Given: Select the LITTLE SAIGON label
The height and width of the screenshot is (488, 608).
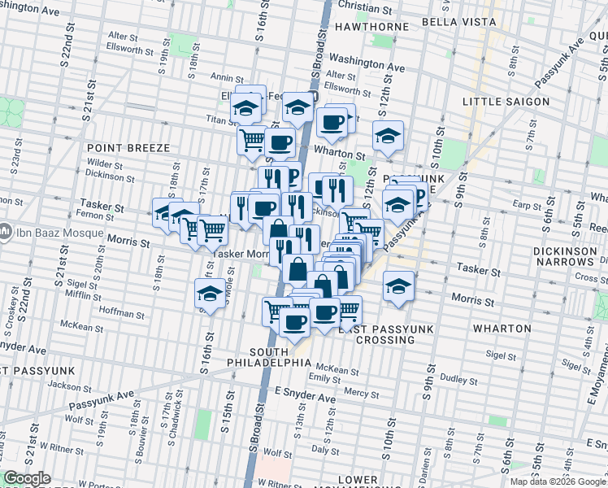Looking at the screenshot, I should pos(502,101).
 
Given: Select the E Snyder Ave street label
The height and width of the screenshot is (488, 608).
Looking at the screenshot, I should pos(305,398).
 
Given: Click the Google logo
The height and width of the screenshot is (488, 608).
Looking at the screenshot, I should pos(27,479).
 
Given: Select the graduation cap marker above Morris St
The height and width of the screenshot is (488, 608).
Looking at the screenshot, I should pos(397,286).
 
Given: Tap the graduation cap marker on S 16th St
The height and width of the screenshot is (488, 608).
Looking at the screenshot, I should pos(210,294).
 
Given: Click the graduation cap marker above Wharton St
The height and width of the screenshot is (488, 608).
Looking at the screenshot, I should pos(389,135).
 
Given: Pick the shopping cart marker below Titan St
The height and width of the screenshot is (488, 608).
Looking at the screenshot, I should pos(252,140).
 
